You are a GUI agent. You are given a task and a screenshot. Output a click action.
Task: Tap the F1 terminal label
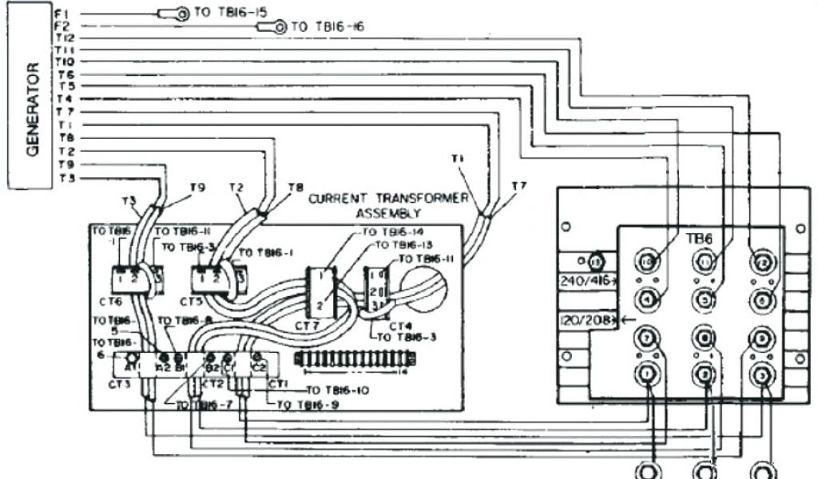tap(65, 14)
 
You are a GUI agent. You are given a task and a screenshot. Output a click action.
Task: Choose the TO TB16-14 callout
tap(394, 232)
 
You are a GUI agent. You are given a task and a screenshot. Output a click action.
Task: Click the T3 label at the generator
tap(66, 177)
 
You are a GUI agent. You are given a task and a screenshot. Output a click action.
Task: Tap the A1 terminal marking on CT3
tap(133, 366)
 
